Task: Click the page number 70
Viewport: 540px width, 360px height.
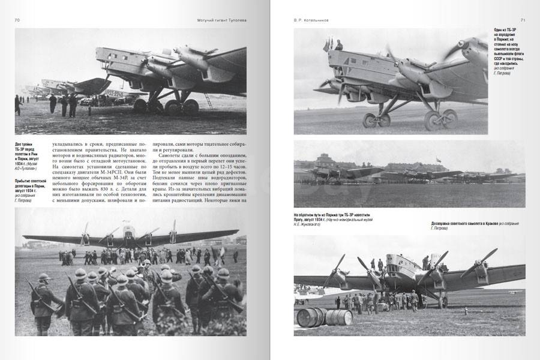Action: tap(17, 20)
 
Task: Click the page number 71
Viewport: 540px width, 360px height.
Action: tap(523, 20)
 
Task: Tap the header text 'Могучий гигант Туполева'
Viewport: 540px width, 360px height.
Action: tap(221, 20)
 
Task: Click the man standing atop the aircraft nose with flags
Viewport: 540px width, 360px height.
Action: tap(338, 45)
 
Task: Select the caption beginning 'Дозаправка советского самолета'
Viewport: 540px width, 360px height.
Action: tap(474, 226)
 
